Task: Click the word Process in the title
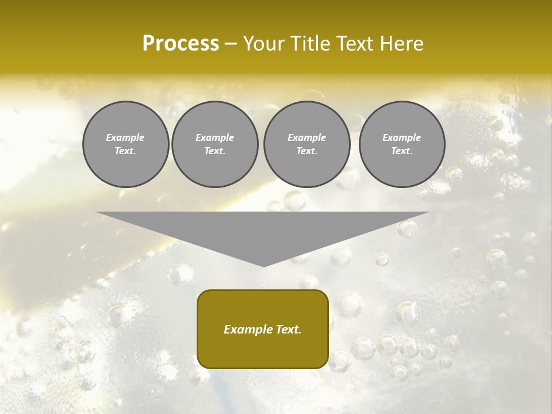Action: pos(181,44)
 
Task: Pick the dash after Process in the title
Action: pos(231,44)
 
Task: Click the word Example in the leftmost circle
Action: pos(125,137)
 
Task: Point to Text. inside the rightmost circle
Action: pos(402,151)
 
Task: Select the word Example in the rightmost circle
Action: pos(402,137)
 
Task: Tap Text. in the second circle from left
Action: pos(215,151)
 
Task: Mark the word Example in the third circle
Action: pos(306,137)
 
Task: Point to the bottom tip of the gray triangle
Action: pos(263,265)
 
